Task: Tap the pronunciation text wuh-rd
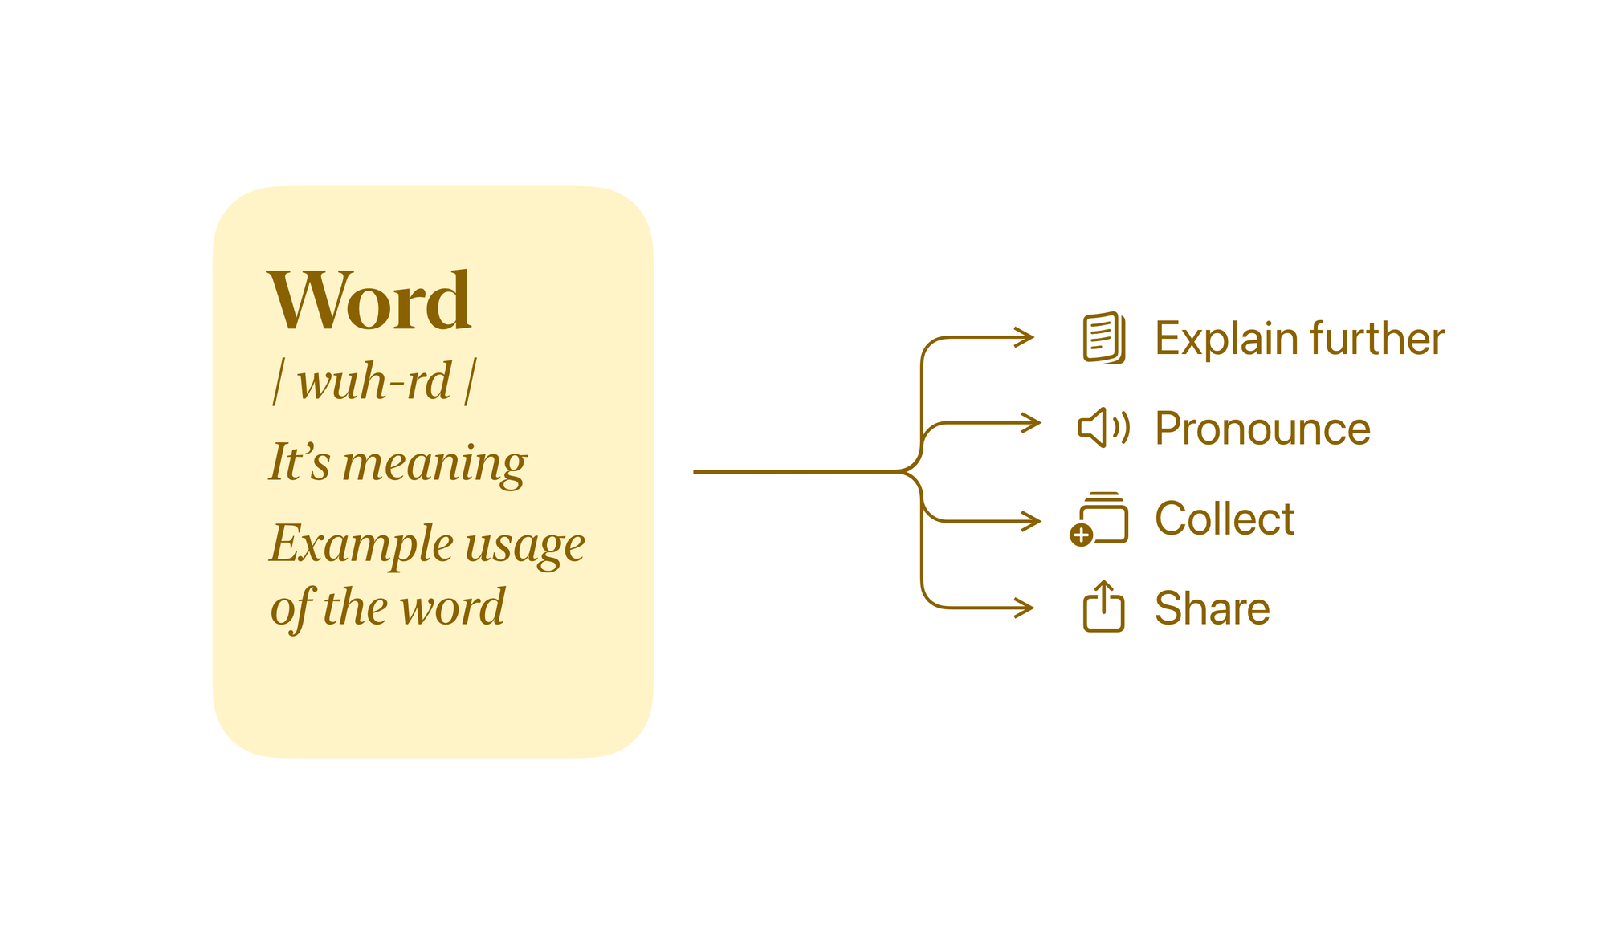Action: coord(374,381)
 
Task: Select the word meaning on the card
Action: coord(434,464)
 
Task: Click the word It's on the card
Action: coord(300,462)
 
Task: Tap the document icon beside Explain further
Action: coord(1104,338)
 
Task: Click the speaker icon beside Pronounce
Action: coord(1103,428)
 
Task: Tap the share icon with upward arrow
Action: coord(1104,606)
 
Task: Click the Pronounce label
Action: coord(1262,429)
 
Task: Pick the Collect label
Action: coord(1225,519)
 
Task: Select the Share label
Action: coord(1213,608)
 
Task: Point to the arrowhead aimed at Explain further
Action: coord(1025,337)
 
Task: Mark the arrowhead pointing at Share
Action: coord(1025,608)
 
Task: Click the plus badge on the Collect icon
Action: coord(1082,535)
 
